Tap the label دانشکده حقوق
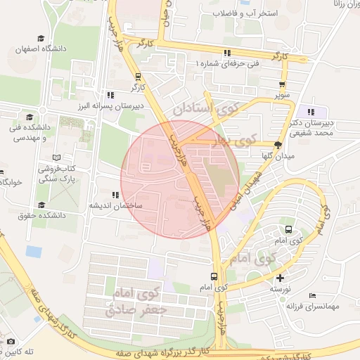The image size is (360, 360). [43, 215]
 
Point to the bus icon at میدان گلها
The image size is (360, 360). [278, 145]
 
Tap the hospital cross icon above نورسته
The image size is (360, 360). [281, 278]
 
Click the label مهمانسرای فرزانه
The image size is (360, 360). [313, 306]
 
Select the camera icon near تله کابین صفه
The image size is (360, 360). [10, 342]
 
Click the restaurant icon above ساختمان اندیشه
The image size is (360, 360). [115, 195]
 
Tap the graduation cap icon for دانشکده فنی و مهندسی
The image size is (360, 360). [30, 117]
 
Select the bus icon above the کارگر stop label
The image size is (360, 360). [138, 77]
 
